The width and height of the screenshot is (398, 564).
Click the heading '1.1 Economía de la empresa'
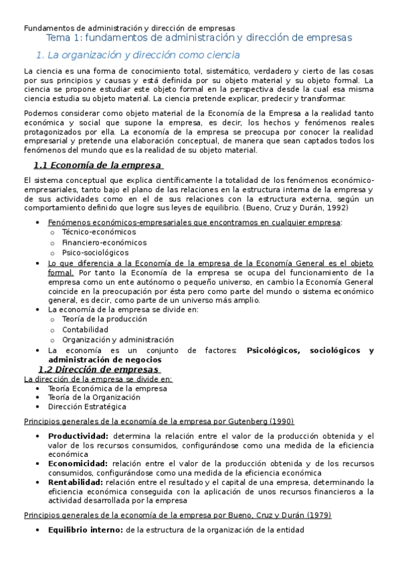coord(98,166)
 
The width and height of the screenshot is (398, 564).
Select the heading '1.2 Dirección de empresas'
coord(98,369)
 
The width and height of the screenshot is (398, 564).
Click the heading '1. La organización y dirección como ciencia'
coord(138,55)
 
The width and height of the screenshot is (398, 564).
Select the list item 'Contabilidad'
coord(85,329)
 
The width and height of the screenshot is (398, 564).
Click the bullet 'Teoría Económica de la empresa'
coord(102,388)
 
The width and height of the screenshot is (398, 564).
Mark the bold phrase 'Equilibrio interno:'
coord(85,529)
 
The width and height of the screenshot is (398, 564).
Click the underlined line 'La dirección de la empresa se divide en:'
coord(98,379)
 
